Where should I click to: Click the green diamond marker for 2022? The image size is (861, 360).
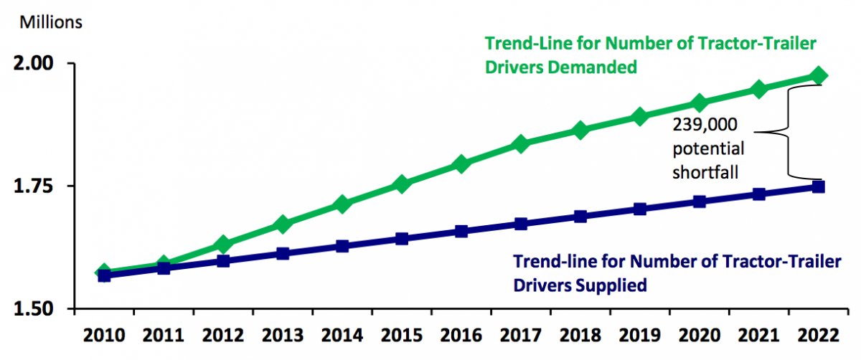(818, 76)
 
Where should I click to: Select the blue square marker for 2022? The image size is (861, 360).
(818, 186)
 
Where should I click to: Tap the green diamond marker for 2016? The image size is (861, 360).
(461, 164)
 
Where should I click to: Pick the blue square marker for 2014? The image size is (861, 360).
(342, 246)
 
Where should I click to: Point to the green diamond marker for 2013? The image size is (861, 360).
(283, 224)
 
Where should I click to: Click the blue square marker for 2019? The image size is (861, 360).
(639, 209)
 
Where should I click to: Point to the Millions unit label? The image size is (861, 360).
(51, 22)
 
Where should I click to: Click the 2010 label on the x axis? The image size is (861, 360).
(104, 336)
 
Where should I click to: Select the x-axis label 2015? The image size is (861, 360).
(402, 336)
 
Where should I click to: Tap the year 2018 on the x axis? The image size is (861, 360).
(580, 336)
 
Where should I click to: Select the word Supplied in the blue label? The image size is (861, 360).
(608, 285)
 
